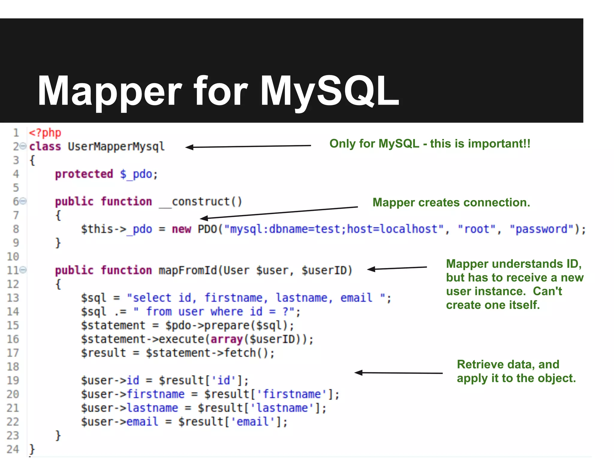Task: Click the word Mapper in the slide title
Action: [109, 91]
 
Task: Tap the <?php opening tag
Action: [45, 133]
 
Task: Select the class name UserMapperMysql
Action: [116, 146]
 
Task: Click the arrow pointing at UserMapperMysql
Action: [248, 146]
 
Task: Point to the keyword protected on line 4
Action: [84, 174]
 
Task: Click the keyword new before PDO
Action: [181, 229]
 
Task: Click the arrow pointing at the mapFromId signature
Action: [397, 268]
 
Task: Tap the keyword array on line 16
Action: [227, 339]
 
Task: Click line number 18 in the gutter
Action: [13, 367]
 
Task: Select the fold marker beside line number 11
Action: [24, 270]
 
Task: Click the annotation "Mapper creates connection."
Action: [451, 202]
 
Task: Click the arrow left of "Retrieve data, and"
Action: [398, 373]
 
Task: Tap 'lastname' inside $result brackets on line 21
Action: [282, 408]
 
